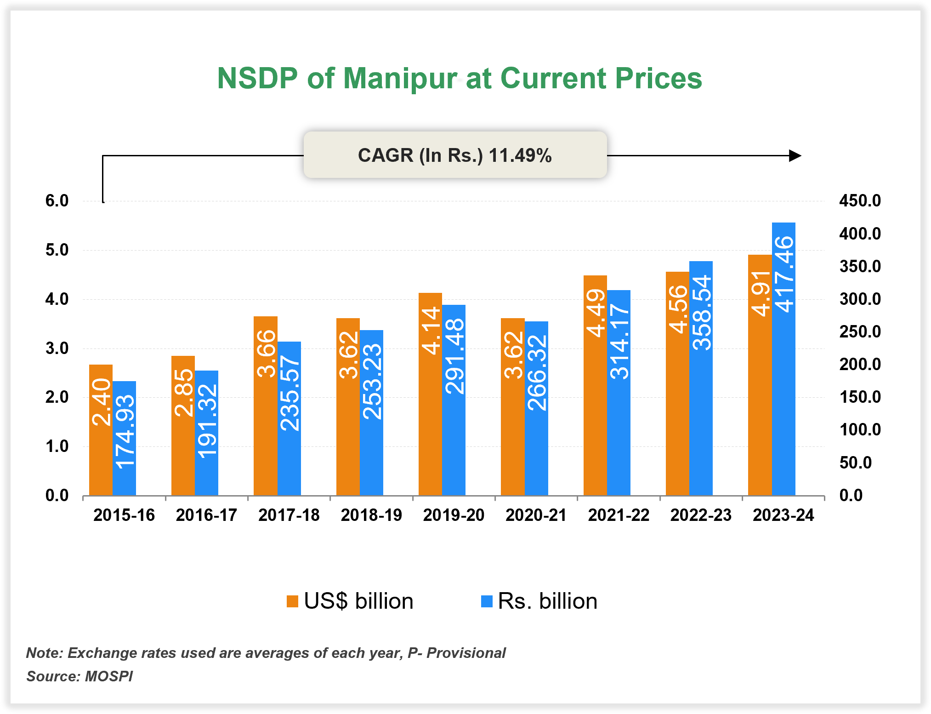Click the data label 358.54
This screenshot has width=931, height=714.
(702, 313)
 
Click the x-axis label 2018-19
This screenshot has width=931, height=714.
(371, 515)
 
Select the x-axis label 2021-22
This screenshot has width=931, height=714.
(619, 515)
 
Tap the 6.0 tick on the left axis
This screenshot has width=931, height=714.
(57, 201)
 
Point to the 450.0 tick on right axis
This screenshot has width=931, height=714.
(860, 201)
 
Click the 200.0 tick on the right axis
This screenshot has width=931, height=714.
(860, 365)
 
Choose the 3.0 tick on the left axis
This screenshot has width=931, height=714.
(57, 348)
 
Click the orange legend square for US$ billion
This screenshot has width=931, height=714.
(292, 601)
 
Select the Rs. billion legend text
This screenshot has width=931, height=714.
(547, 601)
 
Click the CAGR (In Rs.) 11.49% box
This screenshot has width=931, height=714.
(455, 155)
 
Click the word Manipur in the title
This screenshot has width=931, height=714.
(400, 78)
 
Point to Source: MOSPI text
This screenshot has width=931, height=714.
(79, 676)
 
